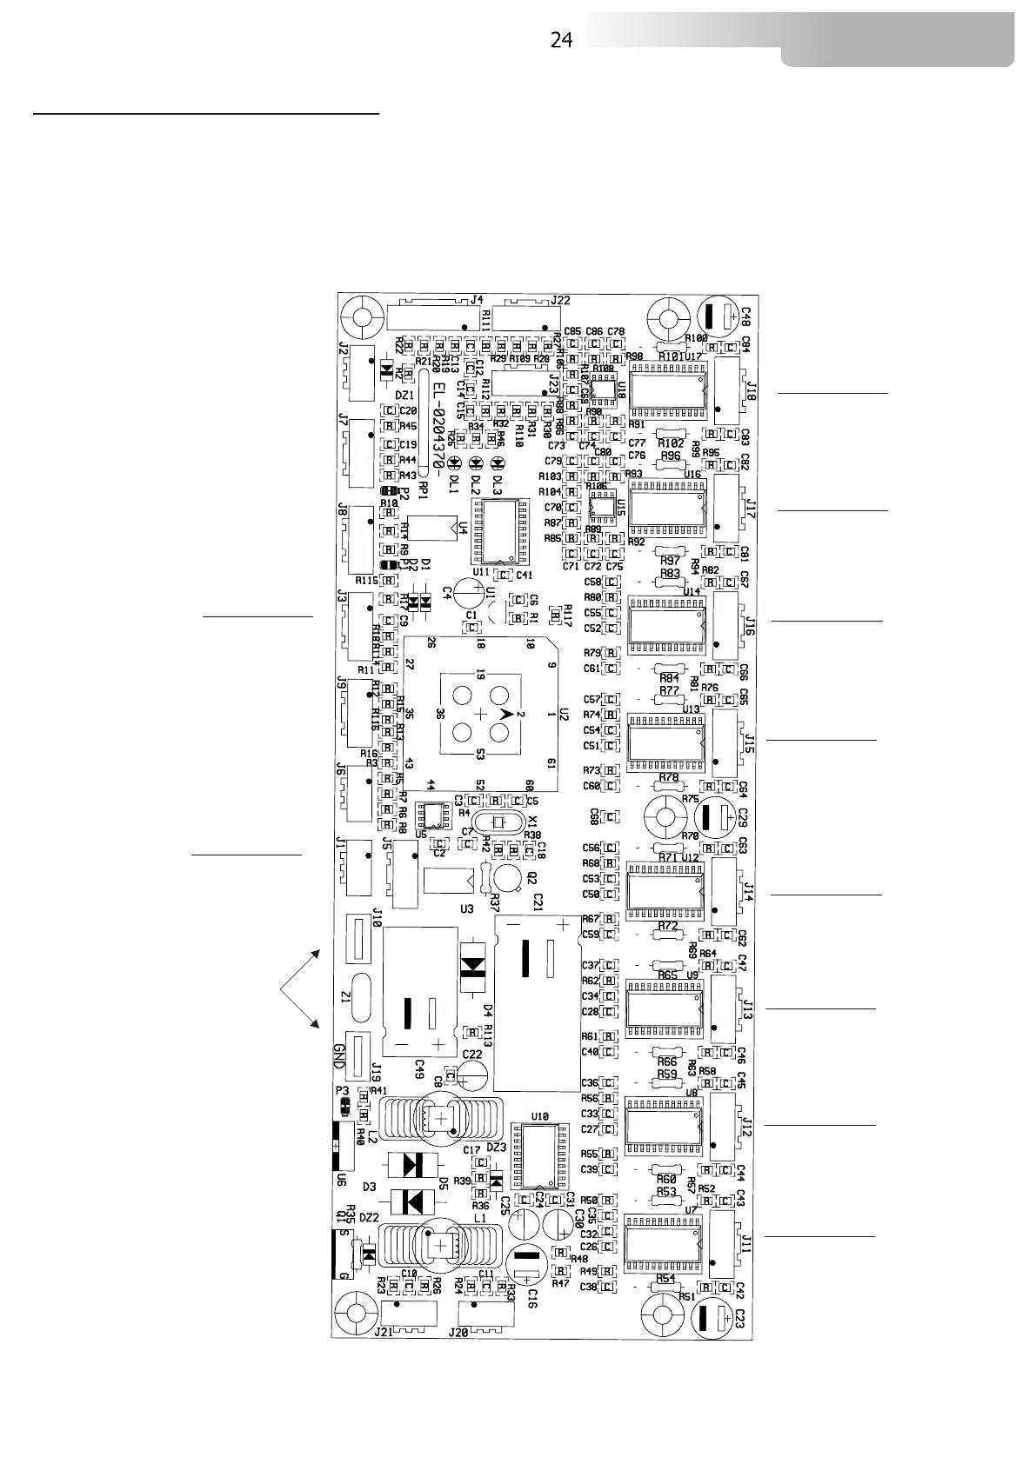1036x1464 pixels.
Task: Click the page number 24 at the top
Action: click(561, 40)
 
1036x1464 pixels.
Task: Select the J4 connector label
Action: click(476, 301)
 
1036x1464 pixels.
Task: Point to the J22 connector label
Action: click(561, 301)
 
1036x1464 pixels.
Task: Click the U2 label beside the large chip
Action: click(563, 715)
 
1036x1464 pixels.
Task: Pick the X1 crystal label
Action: click(533, 822)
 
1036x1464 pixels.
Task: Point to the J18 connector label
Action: click(751, 388)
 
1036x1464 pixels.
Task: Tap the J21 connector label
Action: click(383, 1332)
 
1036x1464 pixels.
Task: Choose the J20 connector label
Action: click(458, 1332)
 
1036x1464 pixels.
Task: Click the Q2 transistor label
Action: click(531, 877)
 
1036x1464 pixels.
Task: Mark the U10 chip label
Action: click(540, 1116)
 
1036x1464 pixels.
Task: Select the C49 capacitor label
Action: click(419, 1066)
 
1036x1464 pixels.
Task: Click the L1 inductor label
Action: click(480, 1220)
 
